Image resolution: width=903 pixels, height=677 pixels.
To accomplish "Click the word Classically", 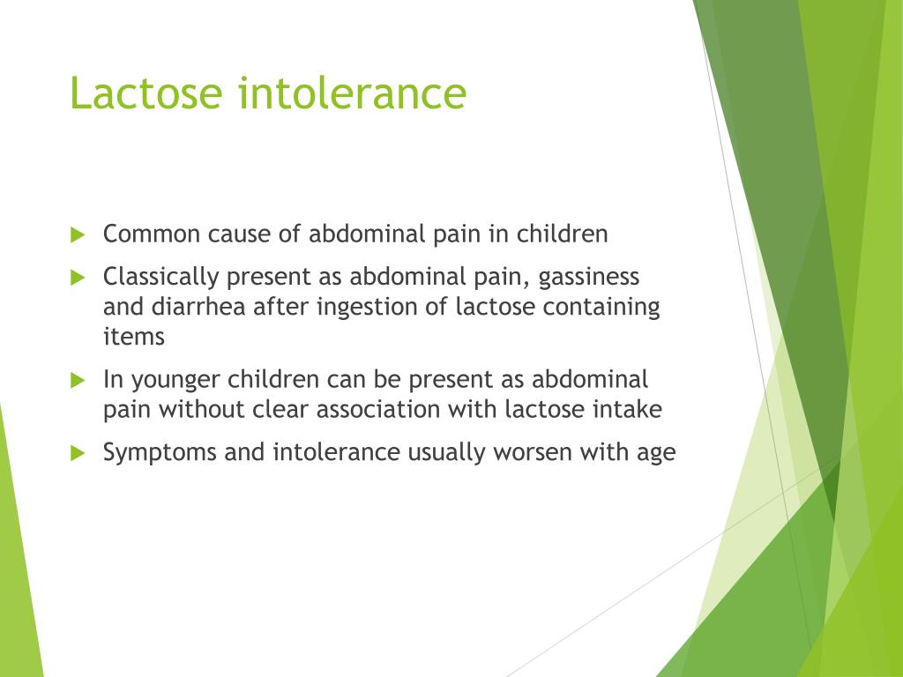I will click(x=160, y=277).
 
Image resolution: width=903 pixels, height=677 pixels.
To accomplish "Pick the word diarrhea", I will click(x=192, y=307).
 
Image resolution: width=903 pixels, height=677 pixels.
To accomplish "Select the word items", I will click(x=134, y=336).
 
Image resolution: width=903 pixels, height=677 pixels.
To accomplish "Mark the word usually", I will click(x=446, y=453).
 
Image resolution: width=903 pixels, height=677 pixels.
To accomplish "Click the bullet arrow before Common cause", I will click(x=78, y=235).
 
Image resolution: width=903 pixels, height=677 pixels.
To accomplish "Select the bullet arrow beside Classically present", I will click(x=78, y=278).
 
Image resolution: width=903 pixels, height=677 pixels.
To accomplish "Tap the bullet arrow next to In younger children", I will click(x=78, y=381).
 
